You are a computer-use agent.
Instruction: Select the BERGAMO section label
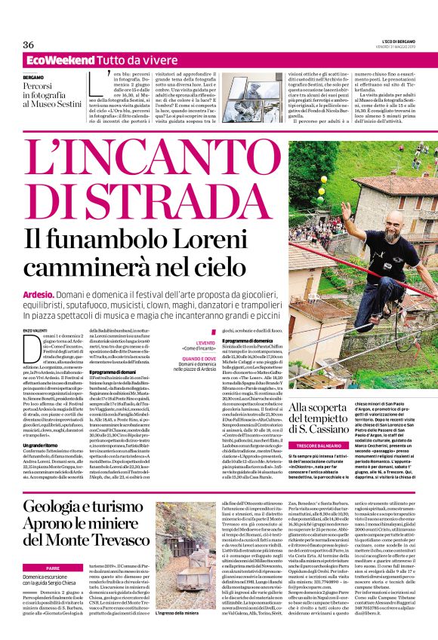(x=33, y=78)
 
